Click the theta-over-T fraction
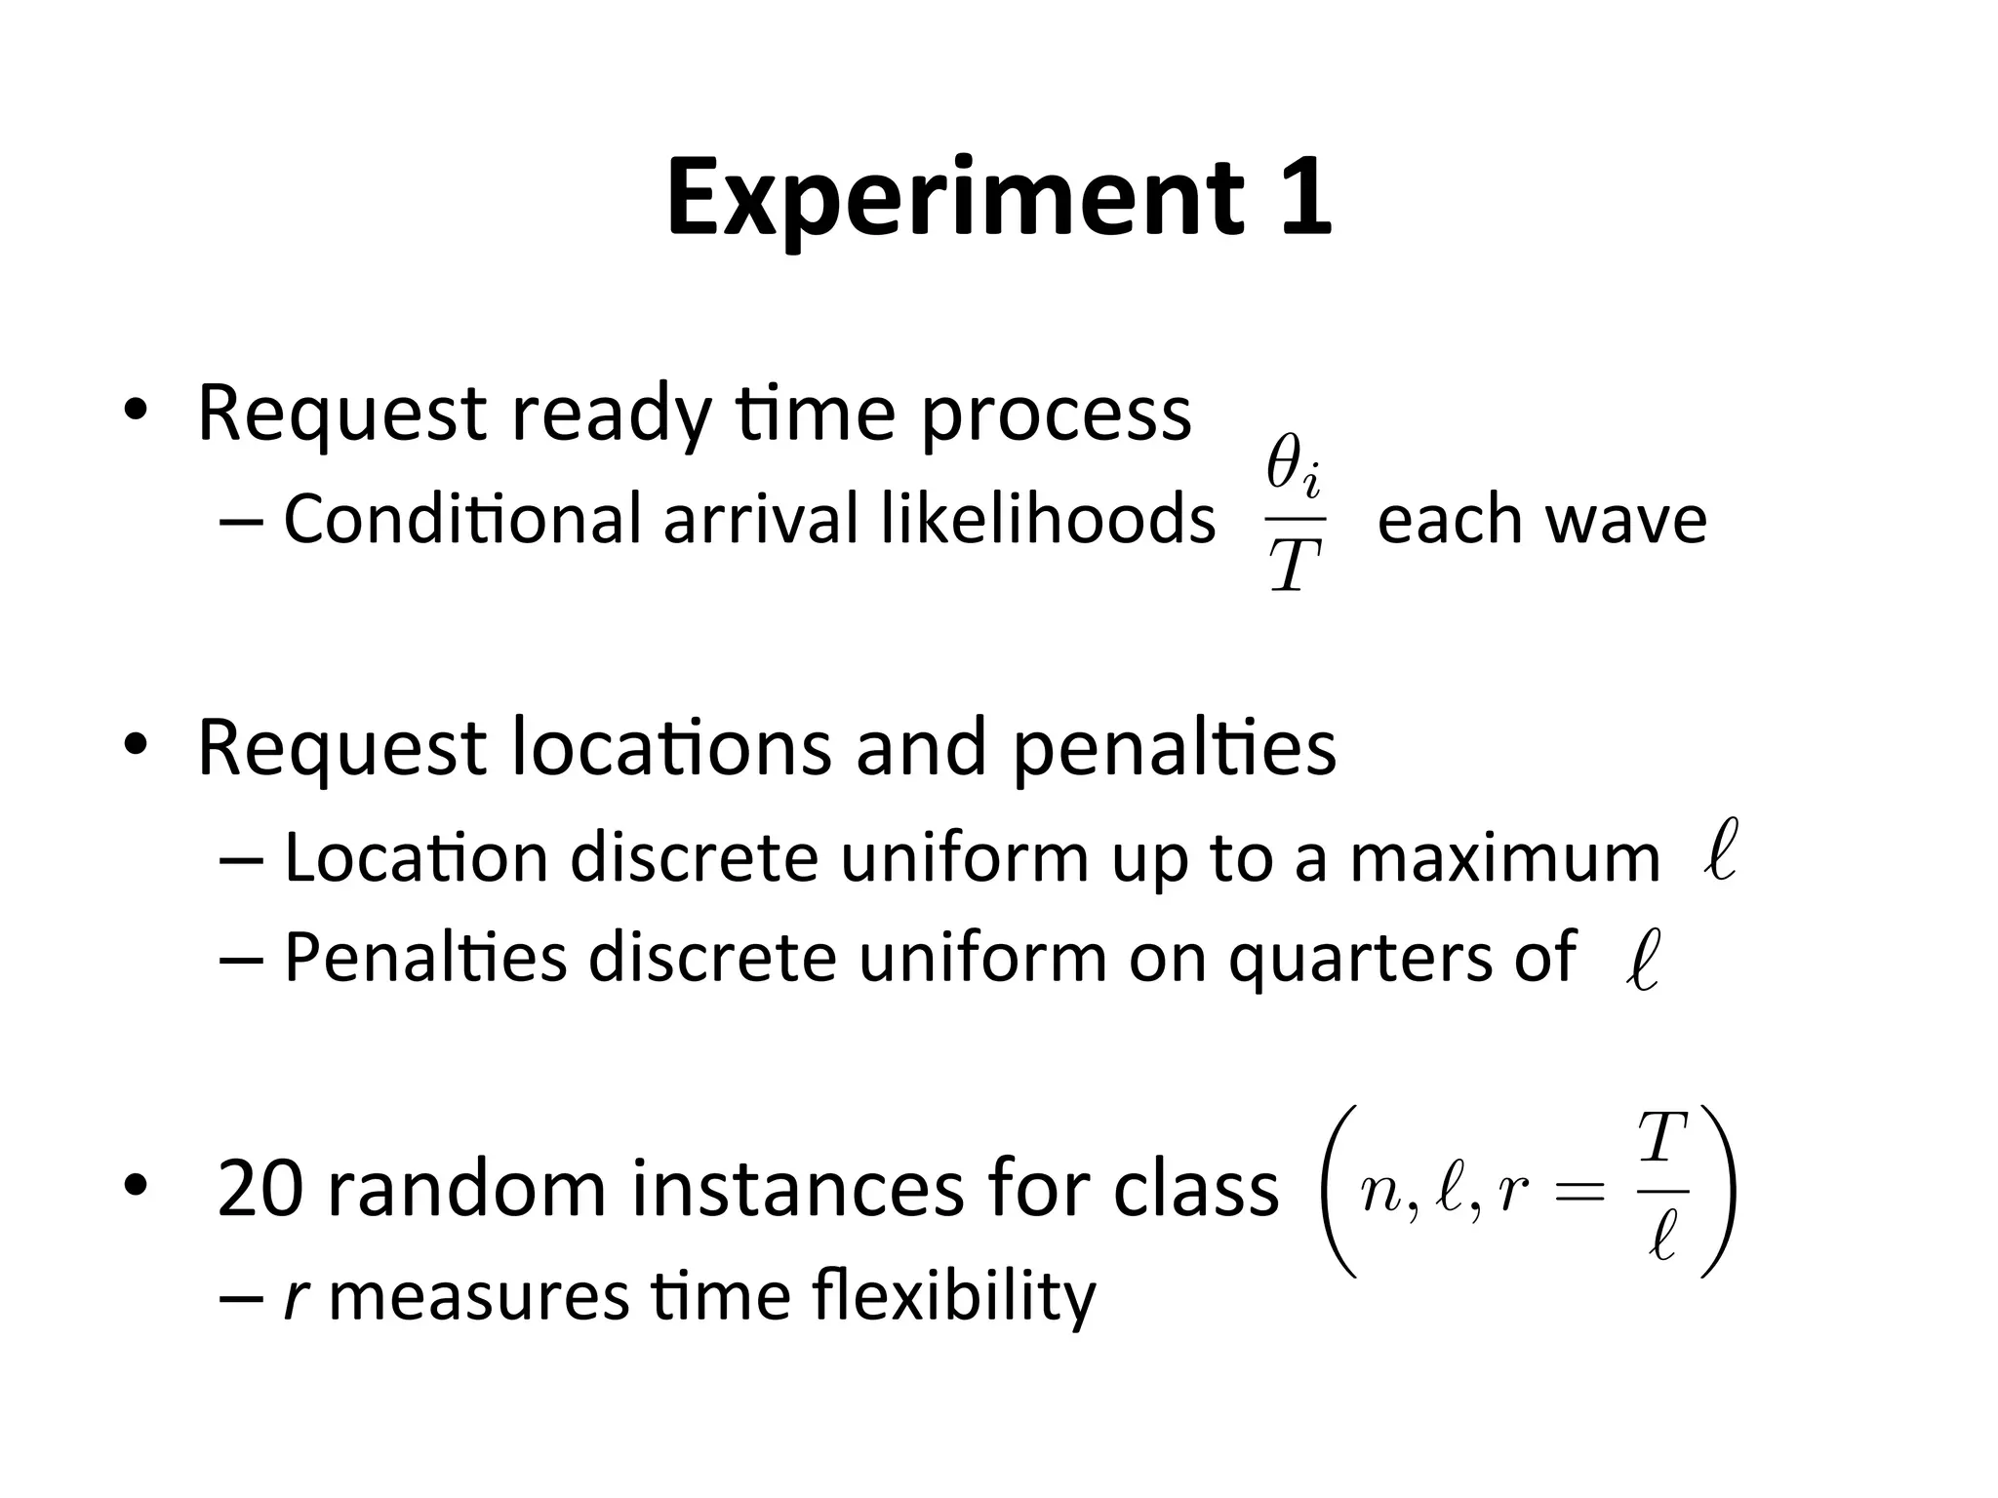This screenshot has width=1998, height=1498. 1295,517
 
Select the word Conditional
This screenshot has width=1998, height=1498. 460,518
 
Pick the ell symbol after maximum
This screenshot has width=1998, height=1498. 1720,850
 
